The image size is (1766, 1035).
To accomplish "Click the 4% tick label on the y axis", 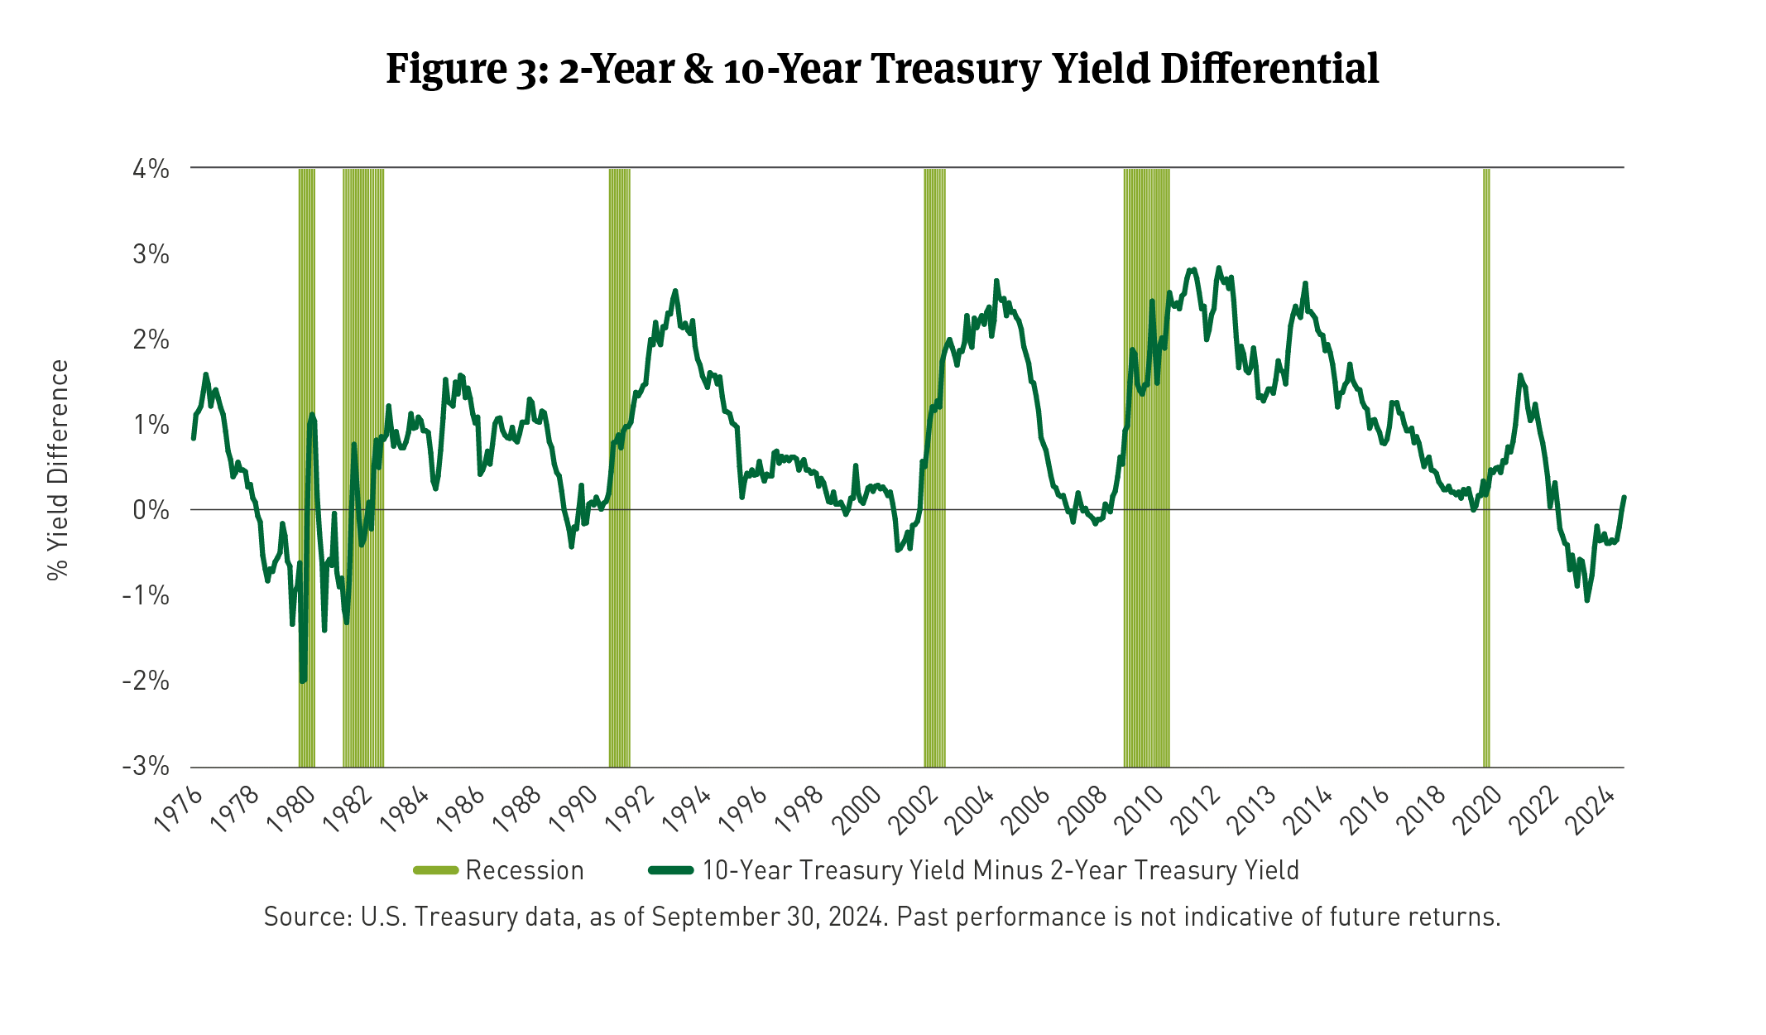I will pyautogui.click(x=151, y=170).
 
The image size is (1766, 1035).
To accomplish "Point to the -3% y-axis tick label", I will pyautogui.click(x=146, y=765).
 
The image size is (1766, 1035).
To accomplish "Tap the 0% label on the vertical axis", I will pyautogui.click(x=151, y=510).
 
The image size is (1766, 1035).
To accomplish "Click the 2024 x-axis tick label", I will pyautogui.click(x=1594, y=809).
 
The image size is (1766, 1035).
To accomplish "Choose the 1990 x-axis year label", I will pyautogui.click(x=574, y=809).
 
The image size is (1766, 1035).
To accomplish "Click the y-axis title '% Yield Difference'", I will pyautogui.click(x=58, y=469).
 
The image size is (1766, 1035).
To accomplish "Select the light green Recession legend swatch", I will pyautogui.click(x=435, y=870).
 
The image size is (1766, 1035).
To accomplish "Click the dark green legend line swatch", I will pyautogui.click(x=670, y=870).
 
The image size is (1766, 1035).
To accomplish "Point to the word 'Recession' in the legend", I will pyautogui.click(x=525, y=870).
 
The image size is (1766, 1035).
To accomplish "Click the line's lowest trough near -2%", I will pyautogui.click(x=303, y=681).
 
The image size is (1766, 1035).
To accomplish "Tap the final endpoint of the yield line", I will pyautogui.click(x=1624, y=498).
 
